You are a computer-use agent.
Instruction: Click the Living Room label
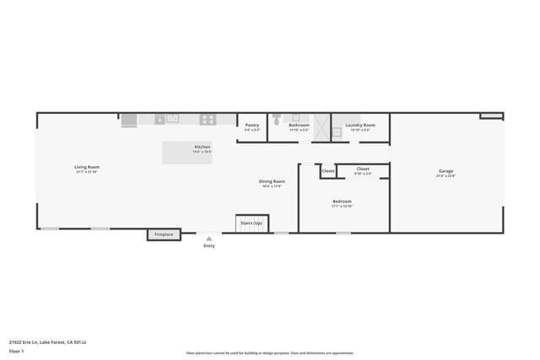coord(88,167)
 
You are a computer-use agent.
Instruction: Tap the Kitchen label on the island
coord(202,147)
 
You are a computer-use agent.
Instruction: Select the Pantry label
coord(251,125)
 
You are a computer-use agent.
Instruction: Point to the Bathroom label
coord(300,125)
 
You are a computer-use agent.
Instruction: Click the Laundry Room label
coord(360,125)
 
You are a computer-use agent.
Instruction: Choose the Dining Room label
coord(272,181)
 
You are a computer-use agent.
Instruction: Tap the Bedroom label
coord(342,201)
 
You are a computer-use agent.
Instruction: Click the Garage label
coord(445,172)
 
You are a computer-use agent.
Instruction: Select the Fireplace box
coord(164,234)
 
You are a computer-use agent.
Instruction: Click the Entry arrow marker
coord(208,239)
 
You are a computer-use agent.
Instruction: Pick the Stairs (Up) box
coord(251,223)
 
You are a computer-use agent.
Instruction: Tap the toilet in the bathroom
coord(277,121)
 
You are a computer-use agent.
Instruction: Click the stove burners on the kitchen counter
coord(207,119)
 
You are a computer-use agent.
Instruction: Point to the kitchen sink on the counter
coord(171,119)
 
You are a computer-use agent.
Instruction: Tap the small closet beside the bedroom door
coord(328,171)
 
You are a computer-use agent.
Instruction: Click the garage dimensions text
coord(445,176)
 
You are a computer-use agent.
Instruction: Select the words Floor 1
coord(17,350)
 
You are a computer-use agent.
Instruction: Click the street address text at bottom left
coord(48,341)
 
